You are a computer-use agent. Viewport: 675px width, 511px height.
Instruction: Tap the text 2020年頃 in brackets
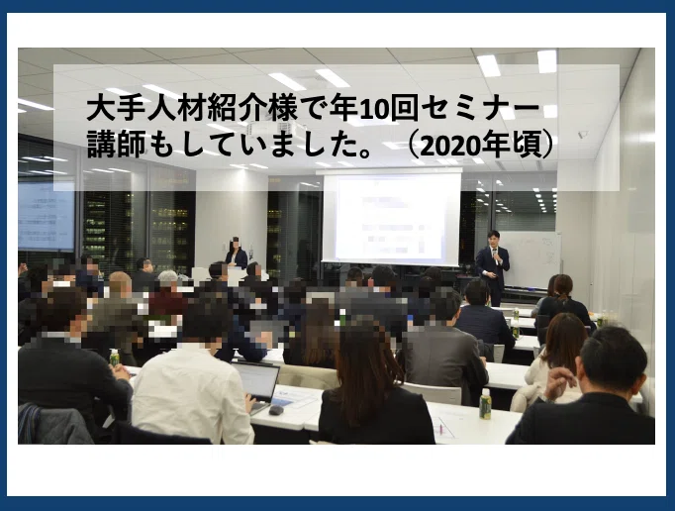479,145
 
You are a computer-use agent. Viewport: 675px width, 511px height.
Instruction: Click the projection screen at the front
391,217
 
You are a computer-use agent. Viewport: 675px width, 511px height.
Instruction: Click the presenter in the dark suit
493,268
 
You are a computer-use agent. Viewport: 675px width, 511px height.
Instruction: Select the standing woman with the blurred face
237,253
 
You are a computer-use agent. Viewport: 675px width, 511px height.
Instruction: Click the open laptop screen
256,381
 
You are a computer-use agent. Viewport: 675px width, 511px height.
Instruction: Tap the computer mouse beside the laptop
276,410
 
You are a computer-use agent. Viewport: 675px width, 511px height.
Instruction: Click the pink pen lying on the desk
440,429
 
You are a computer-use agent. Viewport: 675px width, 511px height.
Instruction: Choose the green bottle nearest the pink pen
485,404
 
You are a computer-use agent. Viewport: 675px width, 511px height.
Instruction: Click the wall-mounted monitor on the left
47,216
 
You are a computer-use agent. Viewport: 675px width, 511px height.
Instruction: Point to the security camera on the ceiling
582,134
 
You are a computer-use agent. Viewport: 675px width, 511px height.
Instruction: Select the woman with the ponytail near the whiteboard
562,299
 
